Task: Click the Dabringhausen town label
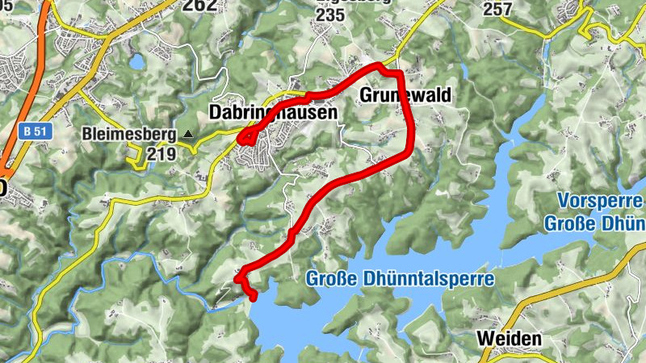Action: click(x=273, y=113)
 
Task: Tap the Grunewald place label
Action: click(x=402, y=95)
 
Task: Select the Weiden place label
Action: click(x=510, y=339)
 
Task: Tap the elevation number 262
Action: click(x=199, y=6)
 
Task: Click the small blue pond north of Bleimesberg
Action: click(x=137, y=61)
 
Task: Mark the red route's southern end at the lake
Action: click(x=254, y=298)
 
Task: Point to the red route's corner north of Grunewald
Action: click(x=398, y=73)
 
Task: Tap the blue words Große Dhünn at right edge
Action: click(x=594, y=223)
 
